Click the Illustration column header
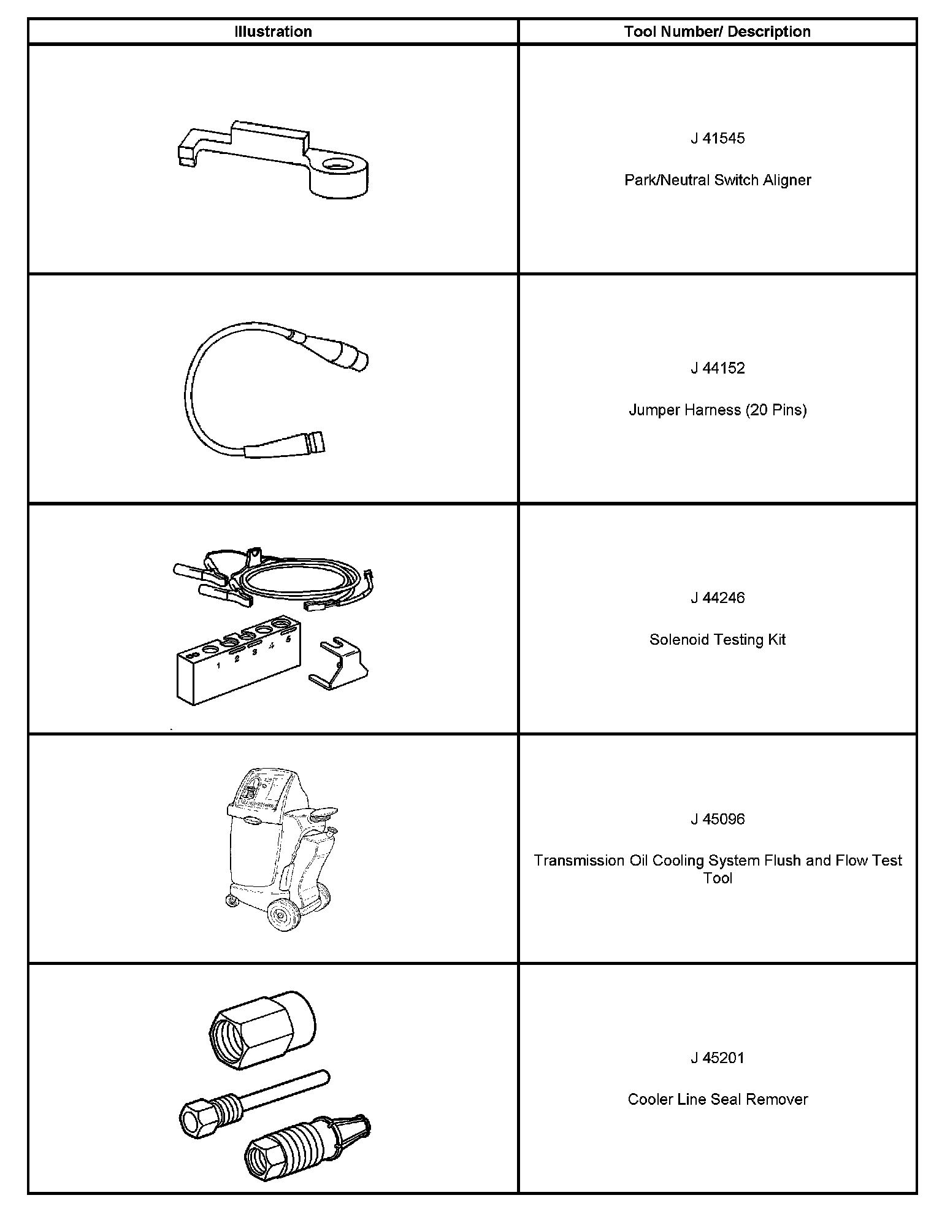[273, 32]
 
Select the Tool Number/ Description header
[717, 32]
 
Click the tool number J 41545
[718, 139]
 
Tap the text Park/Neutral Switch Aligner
[718, 180]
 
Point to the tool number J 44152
[718, 368]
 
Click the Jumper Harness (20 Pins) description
[718, 410]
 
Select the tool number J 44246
[718, 597]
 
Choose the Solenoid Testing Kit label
[718, 640]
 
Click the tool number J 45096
[718, 819]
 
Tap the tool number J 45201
[718, 1058]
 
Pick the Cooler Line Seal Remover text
[718, 1099]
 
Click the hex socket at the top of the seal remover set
[262, 1031]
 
